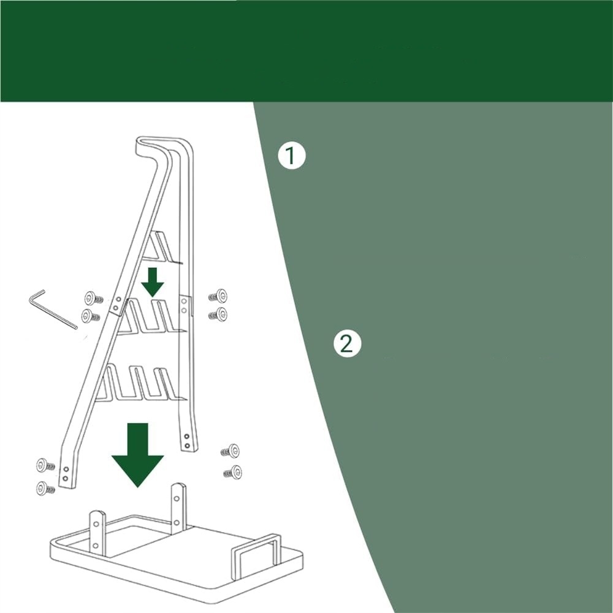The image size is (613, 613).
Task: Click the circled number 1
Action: (291, 156)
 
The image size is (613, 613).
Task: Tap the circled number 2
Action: (347, 345)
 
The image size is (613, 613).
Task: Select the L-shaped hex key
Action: (52, 309)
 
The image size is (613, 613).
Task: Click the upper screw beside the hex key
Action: (94, 299)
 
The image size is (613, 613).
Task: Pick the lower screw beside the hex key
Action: (91, 316)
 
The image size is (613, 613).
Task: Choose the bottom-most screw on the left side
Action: (45, 489)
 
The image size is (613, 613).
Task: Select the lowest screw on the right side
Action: (232, 472)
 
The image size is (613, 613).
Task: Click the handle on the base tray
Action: (256, 557)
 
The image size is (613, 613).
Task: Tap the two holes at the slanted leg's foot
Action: (66, 473)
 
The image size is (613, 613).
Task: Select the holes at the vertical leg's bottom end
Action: (186, 441)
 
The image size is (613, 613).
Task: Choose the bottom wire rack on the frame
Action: (141, 383)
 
